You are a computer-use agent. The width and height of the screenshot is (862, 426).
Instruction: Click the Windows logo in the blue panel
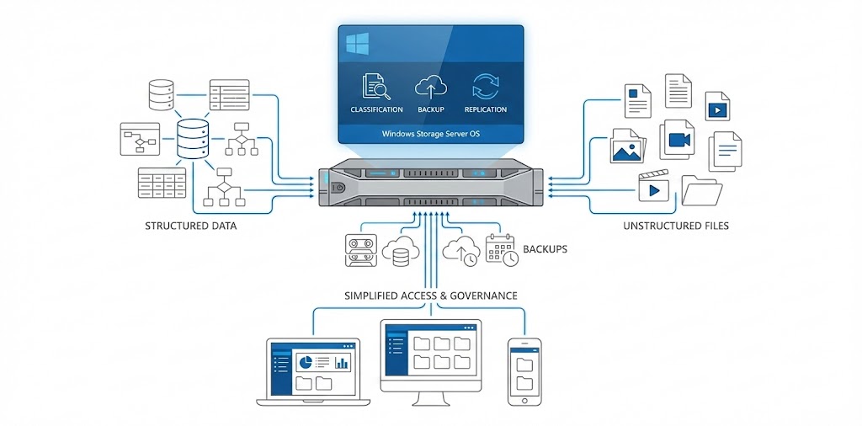(357, 43)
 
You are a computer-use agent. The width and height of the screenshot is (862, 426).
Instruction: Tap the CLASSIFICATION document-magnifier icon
(376, 88)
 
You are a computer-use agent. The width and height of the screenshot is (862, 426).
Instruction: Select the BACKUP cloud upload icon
(430, 88)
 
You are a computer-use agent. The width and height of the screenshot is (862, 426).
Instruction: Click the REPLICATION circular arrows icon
(486, 88)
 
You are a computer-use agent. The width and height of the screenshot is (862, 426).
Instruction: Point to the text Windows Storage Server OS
(430, 133)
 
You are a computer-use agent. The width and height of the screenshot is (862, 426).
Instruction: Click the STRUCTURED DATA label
(190, 226)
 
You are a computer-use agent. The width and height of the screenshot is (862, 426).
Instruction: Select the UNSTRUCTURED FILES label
(676, 226)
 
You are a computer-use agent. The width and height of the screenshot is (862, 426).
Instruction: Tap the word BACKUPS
(545, 249)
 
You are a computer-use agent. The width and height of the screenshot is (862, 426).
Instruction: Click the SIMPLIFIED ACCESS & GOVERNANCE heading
(430, 296)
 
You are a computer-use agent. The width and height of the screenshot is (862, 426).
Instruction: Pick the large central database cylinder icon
(193, 140)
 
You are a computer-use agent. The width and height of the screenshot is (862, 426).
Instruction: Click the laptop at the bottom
(313, 370)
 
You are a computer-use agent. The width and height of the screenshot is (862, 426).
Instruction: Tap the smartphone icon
(524, 370)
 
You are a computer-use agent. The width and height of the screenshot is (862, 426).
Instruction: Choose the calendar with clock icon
(502, 250)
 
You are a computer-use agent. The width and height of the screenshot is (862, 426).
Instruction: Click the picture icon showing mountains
(628, 146)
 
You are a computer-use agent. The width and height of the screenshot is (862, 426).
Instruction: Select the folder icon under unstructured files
(700, 191)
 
